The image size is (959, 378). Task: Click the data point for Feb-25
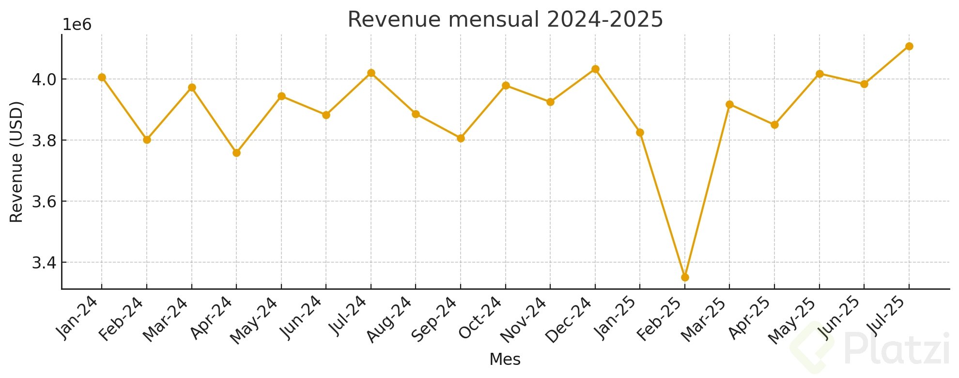[x=685, y=277]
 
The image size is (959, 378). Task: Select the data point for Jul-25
[x=909, y=46]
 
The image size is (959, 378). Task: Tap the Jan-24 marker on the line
[x=102, y=77]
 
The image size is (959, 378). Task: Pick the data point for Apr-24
[x=236, y=153]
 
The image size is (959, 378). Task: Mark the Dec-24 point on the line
[x=595, y=69]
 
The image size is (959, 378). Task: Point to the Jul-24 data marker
[x=371, y=73]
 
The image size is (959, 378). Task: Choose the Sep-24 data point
[x=461, y=138]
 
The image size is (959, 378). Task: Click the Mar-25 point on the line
[x=730, y=104]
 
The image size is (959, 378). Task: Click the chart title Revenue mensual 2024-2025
[x=505, y=20]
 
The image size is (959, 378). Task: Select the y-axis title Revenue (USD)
[x=17, y=162]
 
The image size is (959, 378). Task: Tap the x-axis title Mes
[x=505, y=360]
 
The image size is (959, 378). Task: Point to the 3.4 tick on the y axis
[x=44, y=263]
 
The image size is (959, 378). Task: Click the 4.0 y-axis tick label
[x=44, y=79]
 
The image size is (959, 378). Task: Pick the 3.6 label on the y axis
[x=44, y=202]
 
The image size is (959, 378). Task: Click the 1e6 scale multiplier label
[x=77, y=25]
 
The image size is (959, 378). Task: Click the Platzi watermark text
[x=896, y=349]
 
